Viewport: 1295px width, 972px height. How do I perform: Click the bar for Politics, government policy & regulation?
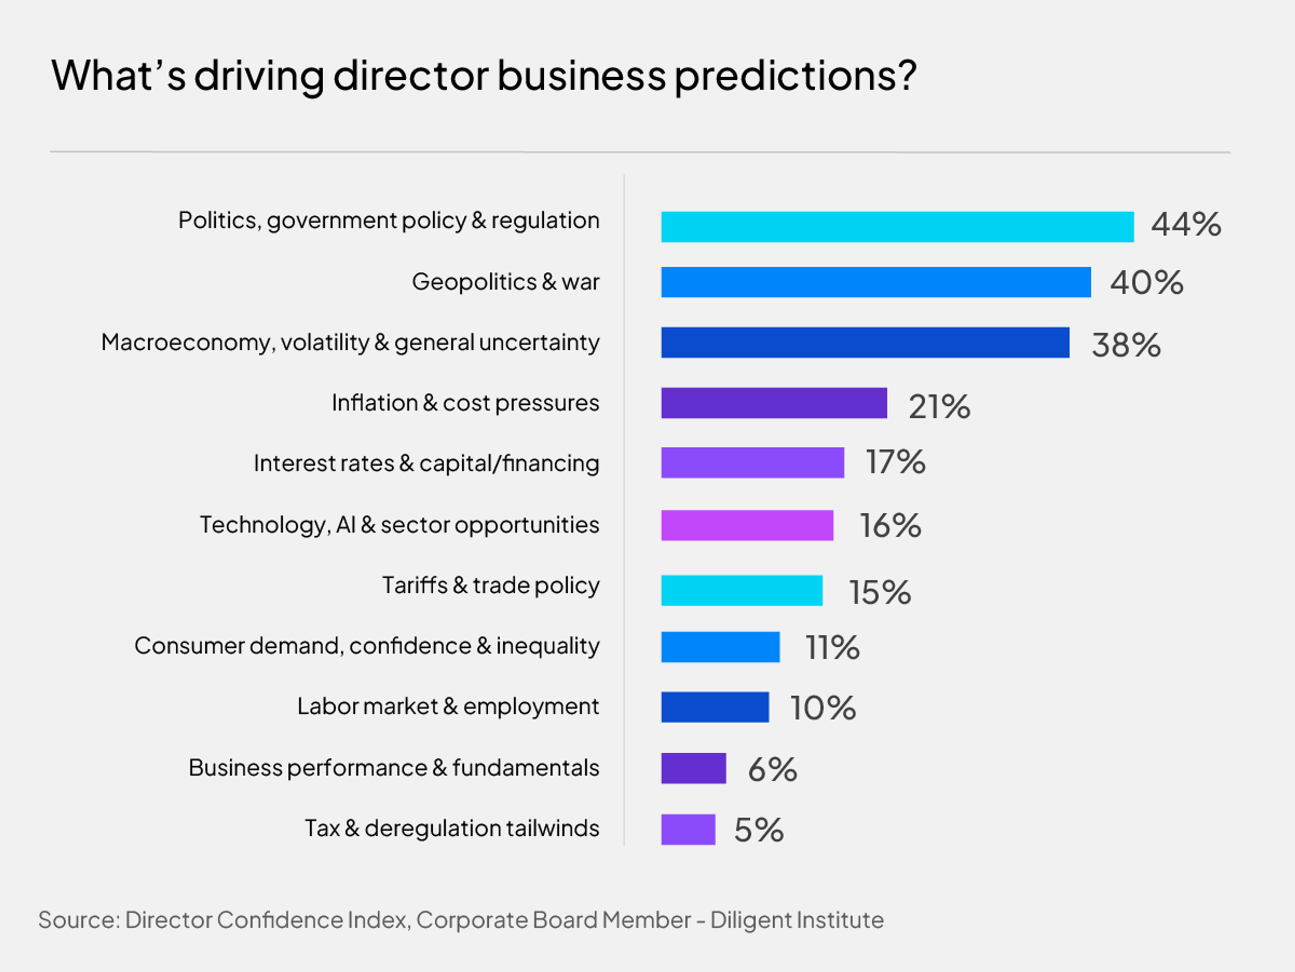(897, 227)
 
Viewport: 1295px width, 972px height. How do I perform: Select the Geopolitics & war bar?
(876, 282)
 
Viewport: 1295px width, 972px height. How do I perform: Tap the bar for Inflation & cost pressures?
(774, 403)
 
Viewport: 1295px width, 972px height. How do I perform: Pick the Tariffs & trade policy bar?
(742, 591)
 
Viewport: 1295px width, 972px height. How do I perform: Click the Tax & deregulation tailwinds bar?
(688, 830)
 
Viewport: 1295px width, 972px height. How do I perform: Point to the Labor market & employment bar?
(715, 707)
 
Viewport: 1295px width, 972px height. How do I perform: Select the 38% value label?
(1126, 345)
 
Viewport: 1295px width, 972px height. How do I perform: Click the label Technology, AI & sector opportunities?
(399, 525)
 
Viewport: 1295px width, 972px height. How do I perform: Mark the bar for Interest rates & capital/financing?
(752, 463)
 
